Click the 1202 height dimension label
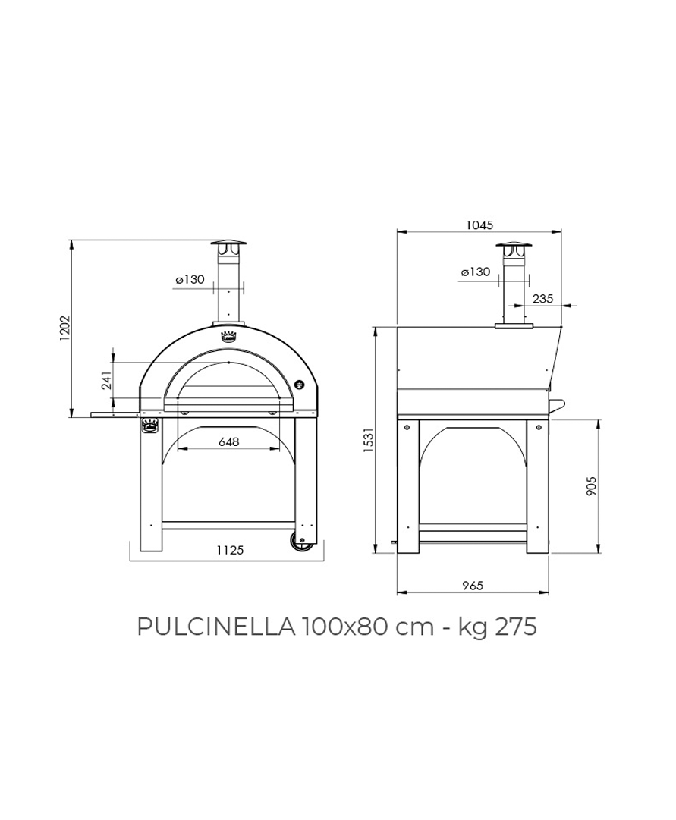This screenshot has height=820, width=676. [64, 328]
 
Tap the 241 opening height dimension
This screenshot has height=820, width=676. [107, 381]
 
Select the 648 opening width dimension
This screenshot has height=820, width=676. [228, 442]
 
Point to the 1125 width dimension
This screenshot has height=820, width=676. [230, 550]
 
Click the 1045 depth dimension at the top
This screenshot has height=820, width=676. [479, 225]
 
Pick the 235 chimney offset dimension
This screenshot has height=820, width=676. [542, 299]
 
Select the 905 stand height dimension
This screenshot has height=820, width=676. [591, 485]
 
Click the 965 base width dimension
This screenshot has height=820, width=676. [473, 585]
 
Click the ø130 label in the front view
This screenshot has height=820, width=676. [190, 280]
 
